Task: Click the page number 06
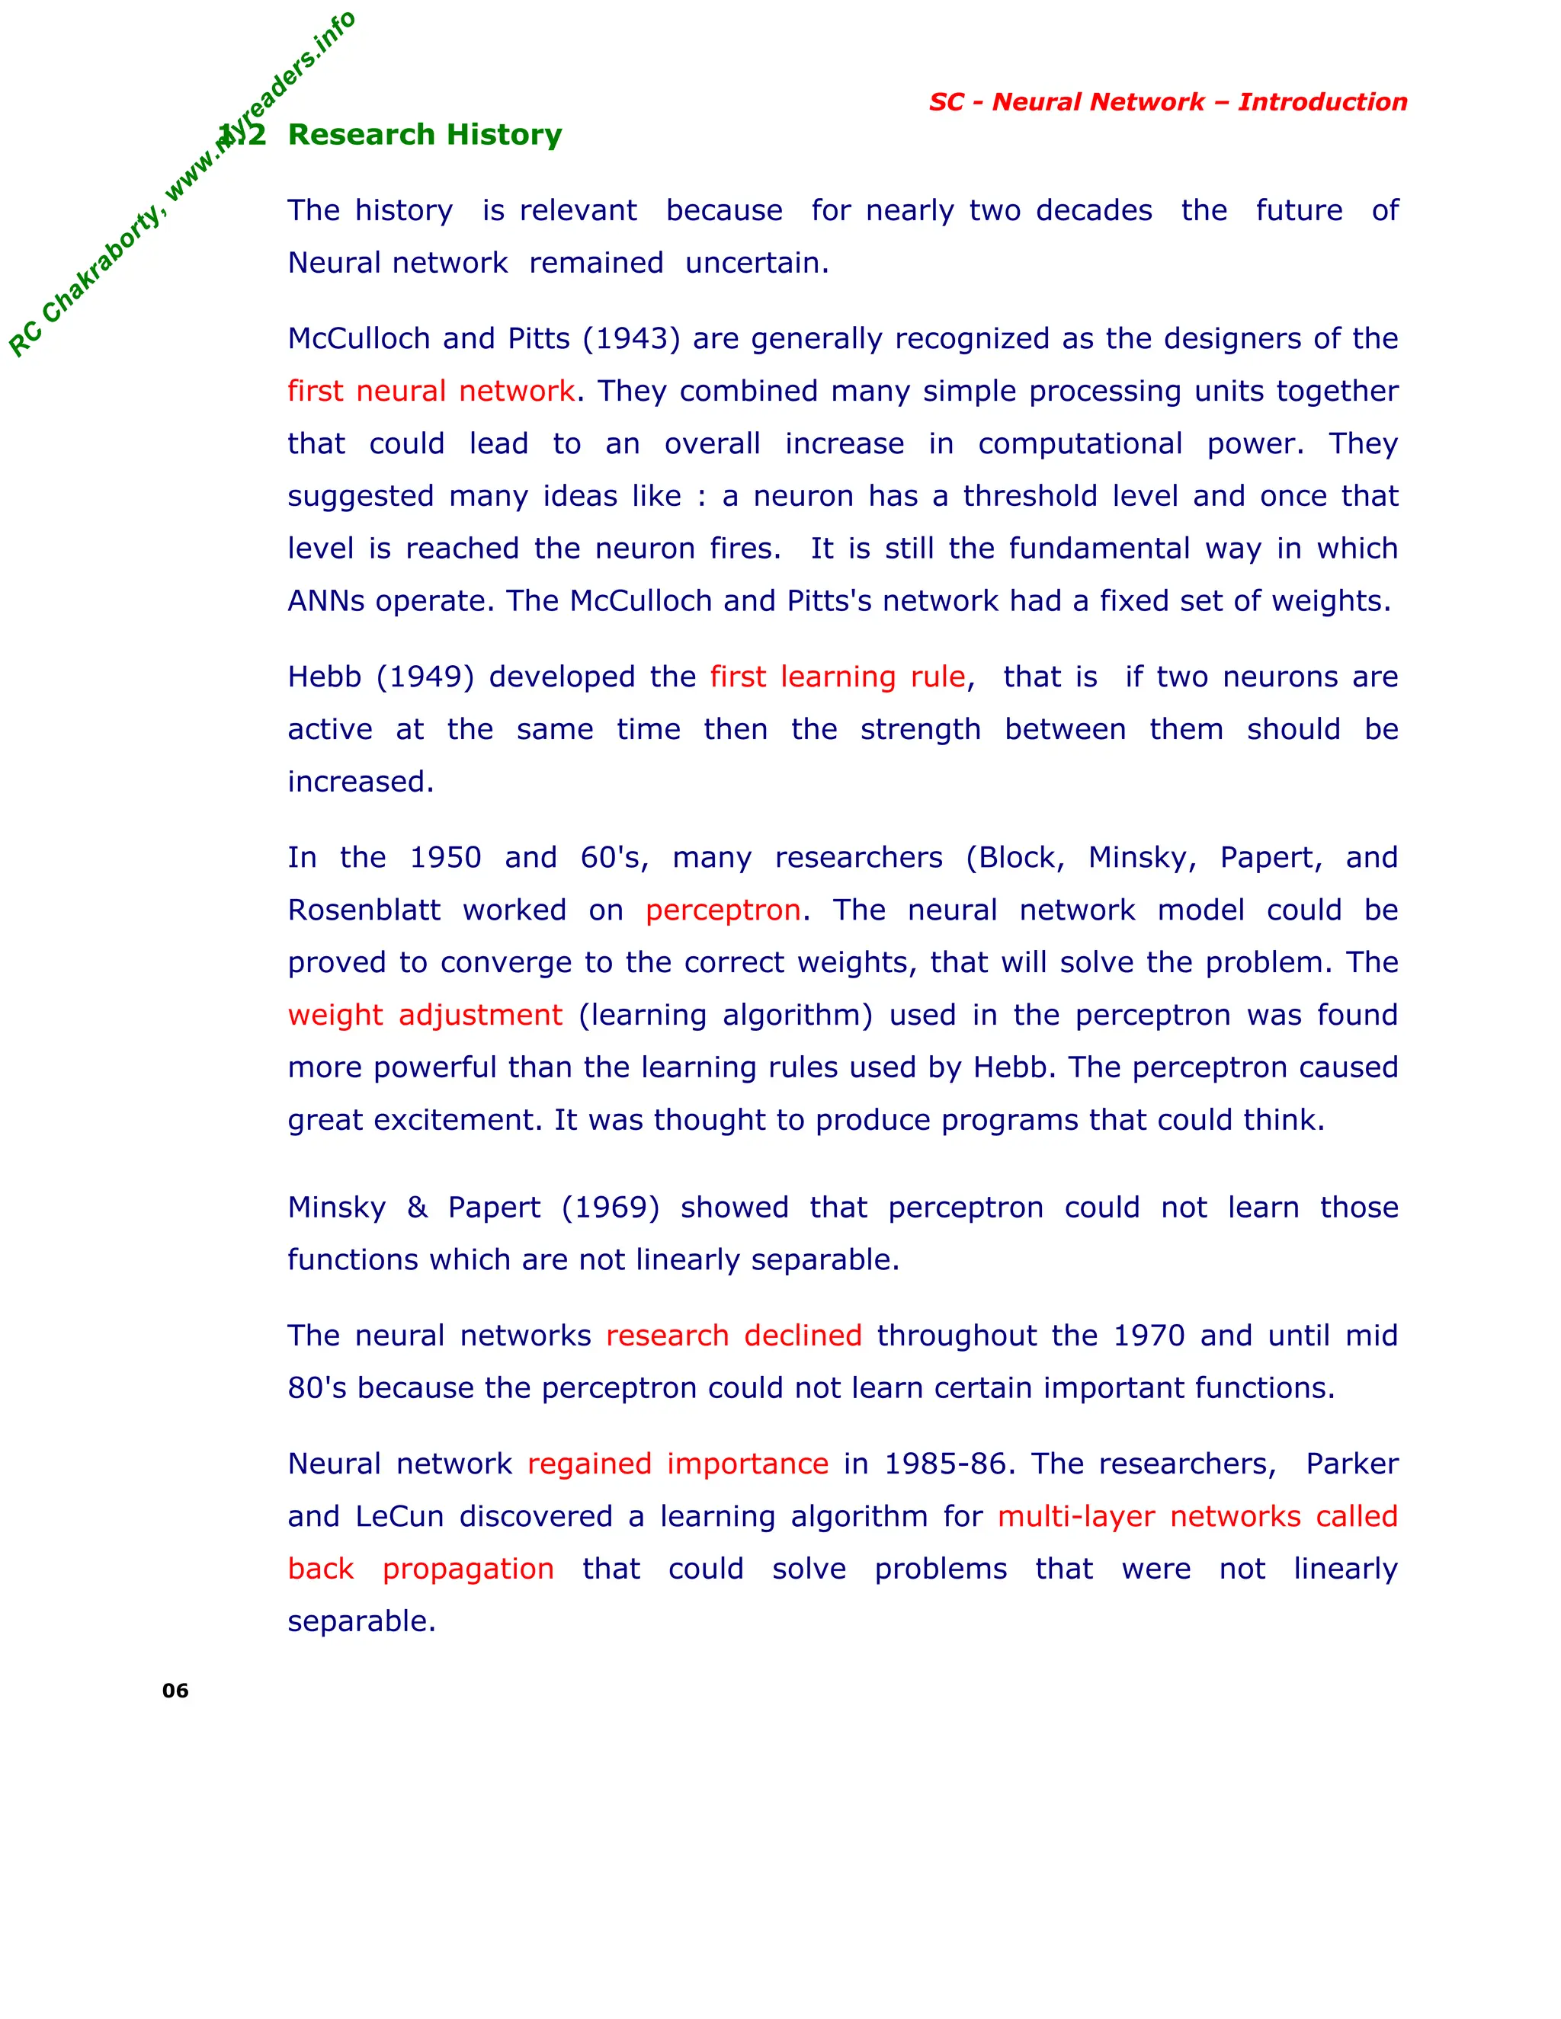tap(175, 1691)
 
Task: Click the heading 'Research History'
tap(425, 135)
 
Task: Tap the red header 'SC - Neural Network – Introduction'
tap(1168, 101)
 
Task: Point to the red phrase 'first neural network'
tap(431, 392)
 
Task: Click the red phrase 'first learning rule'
tap(838, 677)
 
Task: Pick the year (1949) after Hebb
tap(425, 677)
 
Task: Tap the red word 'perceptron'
tap(723, 910)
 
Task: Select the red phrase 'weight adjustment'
tap(425, 1016)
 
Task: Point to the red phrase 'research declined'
tap(733, 1336)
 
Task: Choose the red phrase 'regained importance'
tap(678, 1464)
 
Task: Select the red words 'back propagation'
tap(421, 1569)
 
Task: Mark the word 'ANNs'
tap(325, 602)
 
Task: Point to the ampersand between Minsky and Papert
tap(417, 1208)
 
